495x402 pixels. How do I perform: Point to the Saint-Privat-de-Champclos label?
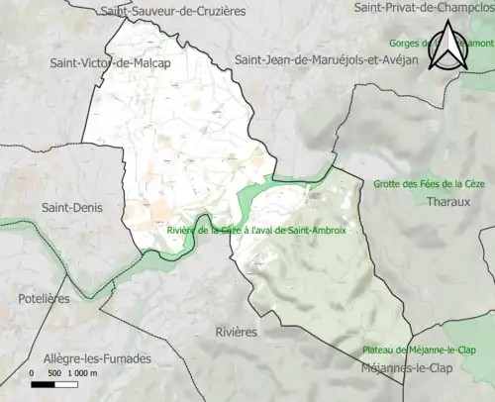[x=424, y=8]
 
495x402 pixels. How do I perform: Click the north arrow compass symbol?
[x=449, y=47]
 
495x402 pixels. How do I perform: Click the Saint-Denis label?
[x=67, y=208]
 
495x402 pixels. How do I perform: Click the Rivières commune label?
[x=236, y=332]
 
